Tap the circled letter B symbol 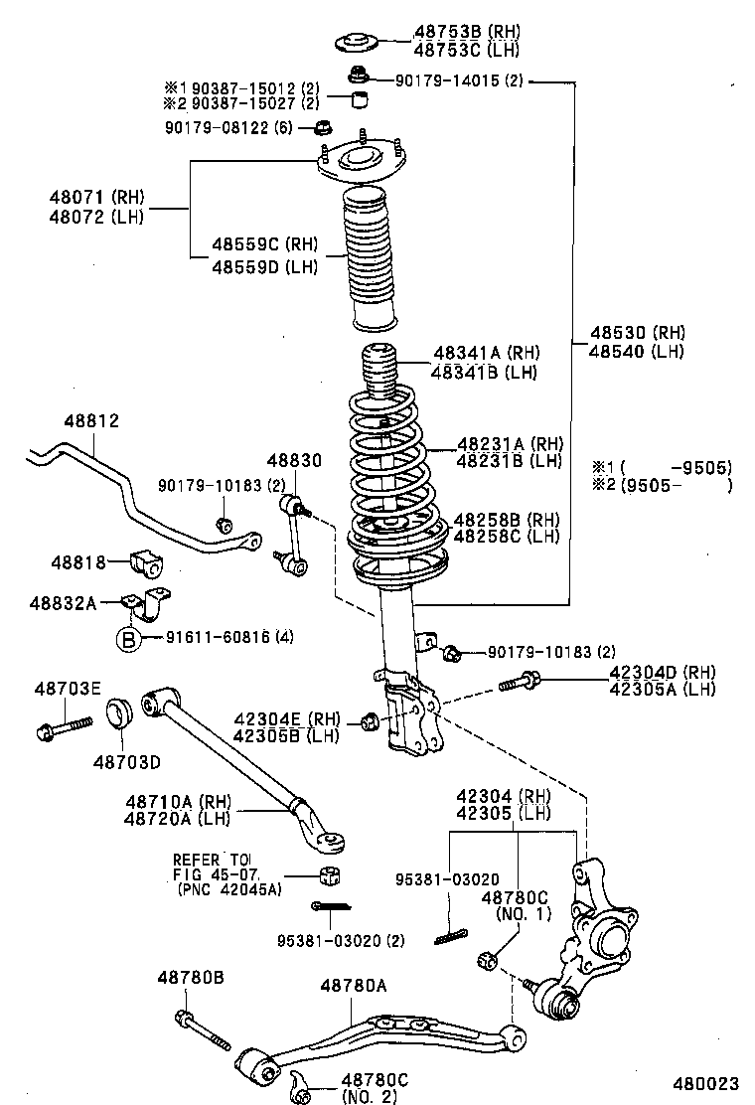click(129, 638)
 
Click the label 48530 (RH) click(637, 333)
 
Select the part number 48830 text click(293, 460)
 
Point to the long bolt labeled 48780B click(203, 1028)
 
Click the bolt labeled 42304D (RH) click(522, 682)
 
